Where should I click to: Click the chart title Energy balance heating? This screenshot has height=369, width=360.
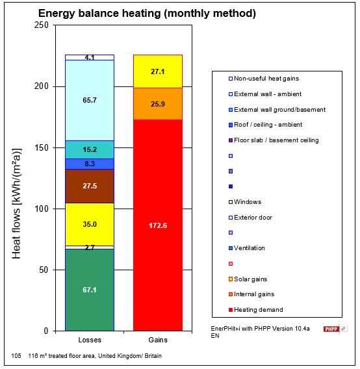pos(147,13)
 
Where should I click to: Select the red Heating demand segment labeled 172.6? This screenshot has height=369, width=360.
pos(157,225)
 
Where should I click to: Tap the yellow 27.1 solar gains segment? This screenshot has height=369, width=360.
pos(157,71)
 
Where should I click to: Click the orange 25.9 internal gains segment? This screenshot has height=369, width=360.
pos(157,104)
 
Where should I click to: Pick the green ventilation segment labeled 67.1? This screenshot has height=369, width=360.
pos(90,290)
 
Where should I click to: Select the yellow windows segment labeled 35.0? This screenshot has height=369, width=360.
pos(90,224)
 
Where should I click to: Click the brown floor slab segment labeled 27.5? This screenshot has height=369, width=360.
pos(90,186)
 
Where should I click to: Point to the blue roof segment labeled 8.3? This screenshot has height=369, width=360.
pos(90,164)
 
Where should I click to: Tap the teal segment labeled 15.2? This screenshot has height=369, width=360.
pos(90,149)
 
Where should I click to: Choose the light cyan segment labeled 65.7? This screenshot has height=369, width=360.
pos(90,100)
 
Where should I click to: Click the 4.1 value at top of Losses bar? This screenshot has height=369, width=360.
pos(90,58)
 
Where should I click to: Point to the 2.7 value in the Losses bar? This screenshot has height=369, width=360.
pos(90,248)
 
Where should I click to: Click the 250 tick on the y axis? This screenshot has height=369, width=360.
pos(41,25)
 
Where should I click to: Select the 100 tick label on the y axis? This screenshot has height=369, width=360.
pos(41,209)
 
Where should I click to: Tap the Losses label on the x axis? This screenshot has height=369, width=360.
pos(90,340)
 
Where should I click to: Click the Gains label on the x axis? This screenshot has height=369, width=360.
pos(157,340)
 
